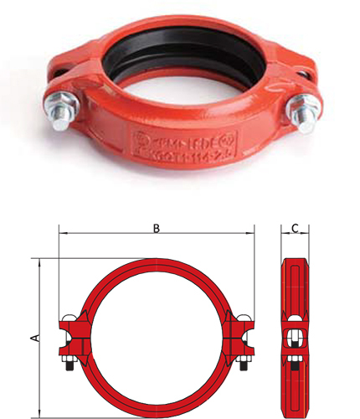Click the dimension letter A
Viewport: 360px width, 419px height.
click(34, 337)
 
